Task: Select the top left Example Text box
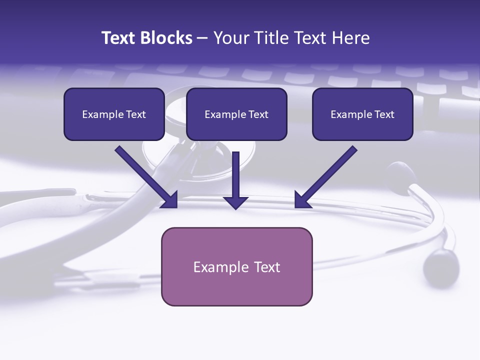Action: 114,114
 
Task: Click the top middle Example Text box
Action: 236,114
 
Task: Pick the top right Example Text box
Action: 362,114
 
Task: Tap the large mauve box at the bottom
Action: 236,266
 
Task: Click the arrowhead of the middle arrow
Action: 235,201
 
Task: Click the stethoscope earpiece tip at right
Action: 440,265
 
